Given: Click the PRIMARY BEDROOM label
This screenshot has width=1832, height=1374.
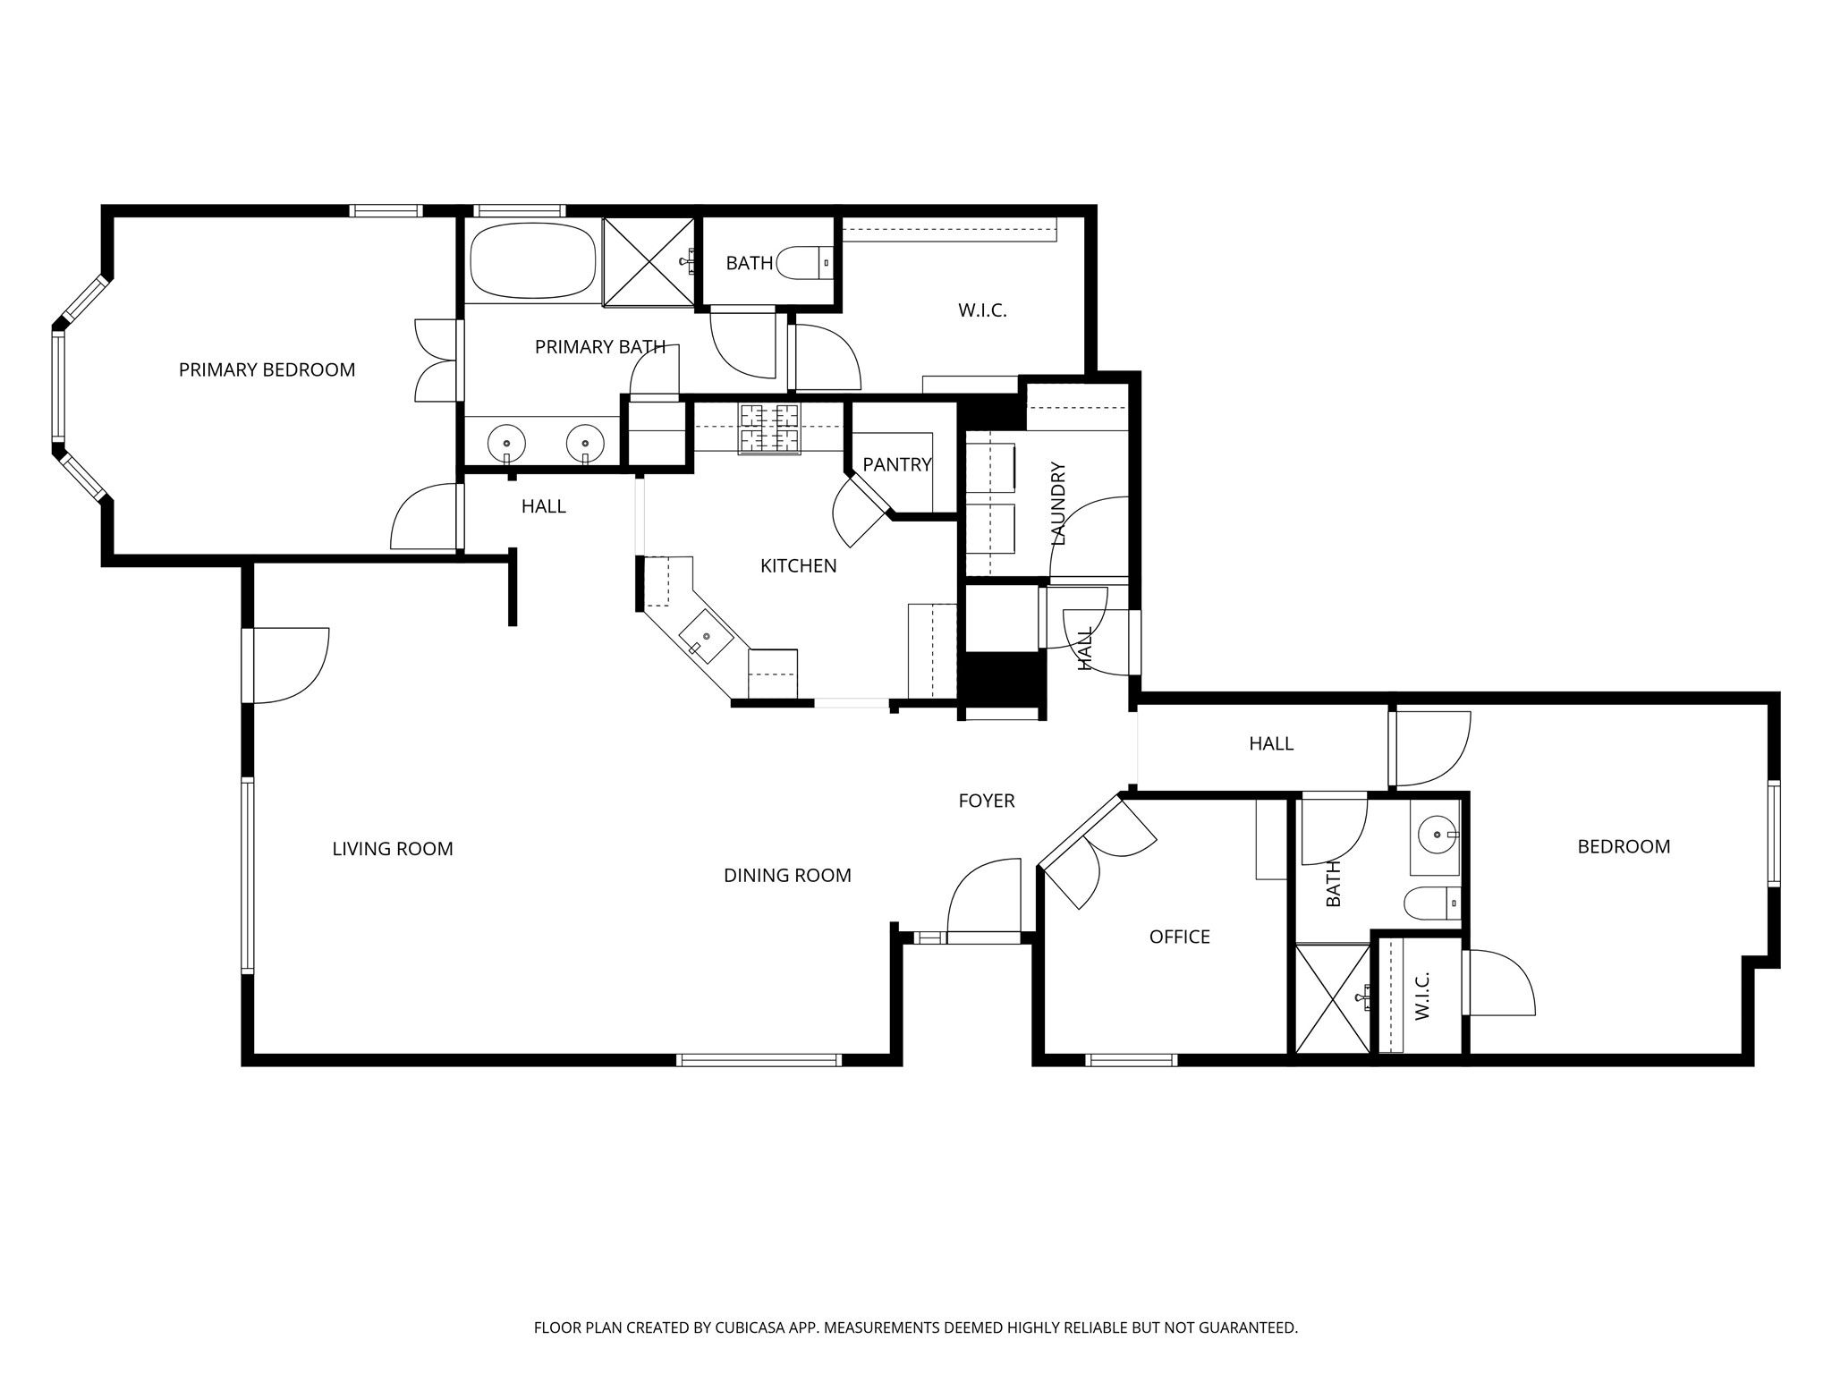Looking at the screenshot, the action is pos(267,369).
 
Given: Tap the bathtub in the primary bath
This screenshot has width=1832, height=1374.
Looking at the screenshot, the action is pos(533,260).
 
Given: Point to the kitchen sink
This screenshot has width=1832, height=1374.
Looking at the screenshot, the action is pos(707,635).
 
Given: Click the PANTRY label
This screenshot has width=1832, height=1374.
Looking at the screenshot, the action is pos(897,464).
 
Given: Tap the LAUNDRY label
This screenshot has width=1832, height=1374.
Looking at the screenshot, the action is pos(1059,504).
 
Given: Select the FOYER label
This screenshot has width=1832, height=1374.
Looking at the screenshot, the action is pos(987,801).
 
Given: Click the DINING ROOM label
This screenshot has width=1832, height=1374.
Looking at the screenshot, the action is pos(787,876).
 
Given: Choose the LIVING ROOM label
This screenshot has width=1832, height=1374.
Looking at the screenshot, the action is pos(393,849).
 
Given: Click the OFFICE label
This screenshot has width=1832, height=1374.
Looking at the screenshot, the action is pos(1180,937).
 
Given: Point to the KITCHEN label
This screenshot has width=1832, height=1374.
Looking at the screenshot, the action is pos(799,566).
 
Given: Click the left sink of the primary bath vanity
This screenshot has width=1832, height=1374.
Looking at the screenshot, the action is pos(507,443).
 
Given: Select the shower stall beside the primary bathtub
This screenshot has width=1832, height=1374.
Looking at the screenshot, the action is pos(649,261).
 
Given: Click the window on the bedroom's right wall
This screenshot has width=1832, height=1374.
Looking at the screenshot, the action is pos(1773,834).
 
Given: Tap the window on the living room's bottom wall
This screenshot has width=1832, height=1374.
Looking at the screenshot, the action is pos(759,1060).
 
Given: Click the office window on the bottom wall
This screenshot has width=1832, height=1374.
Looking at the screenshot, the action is pos(1131,1060).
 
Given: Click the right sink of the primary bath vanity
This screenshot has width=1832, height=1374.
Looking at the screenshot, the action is pos(585,443).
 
